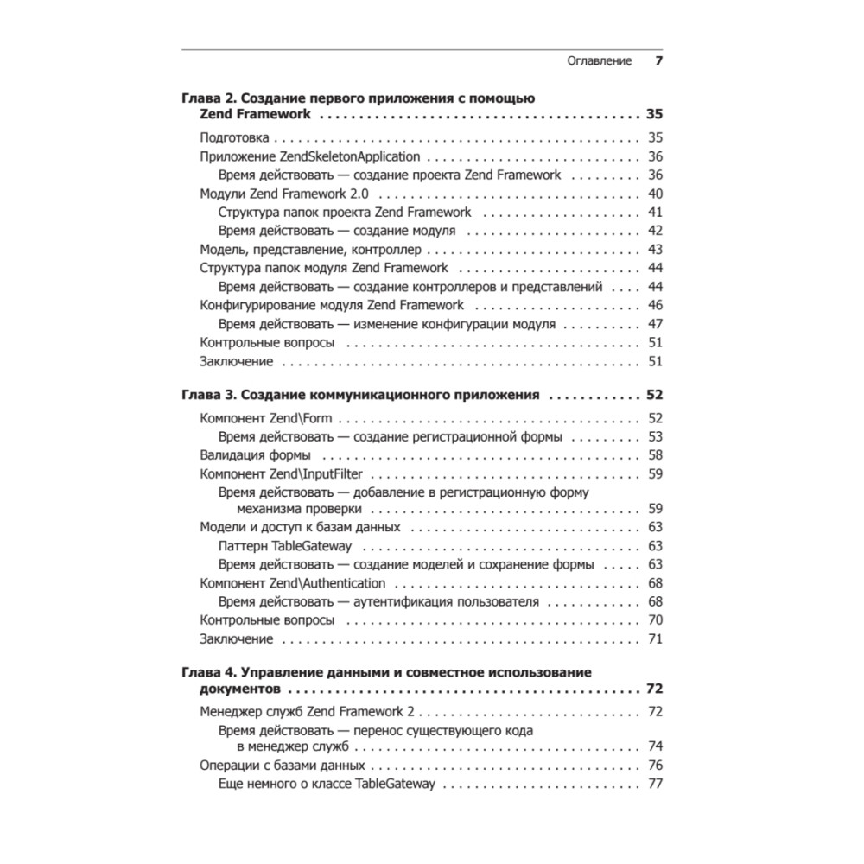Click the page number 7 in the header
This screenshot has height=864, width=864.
658,61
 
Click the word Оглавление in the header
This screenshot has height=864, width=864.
599,61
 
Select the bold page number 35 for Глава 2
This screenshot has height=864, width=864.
654,114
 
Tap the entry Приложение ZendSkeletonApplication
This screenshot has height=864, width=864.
309,156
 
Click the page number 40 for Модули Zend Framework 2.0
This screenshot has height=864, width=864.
654,194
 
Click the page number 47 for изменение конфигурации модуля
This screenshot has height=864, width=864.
654,324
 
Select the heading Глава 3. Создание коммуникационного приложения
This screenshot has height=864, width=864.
360,395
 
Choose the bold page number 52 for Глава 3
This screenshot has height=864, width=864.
654,395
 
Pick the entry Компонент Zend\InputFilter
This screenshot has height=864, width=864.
281,473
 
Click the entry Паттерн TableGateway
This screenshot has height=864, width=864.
291,546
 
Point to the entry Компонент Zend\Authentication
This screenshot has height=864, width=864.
292,583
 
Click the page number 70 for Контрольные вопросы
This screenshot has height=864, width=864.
654,620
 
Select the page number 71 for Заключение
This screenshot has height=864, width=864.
654,639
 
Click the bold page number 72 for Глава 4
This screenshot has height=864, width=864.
654,689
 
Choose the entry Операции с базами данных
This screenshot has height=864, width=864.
282,766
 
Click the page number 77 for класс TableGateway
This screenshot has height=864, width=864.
654,785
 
